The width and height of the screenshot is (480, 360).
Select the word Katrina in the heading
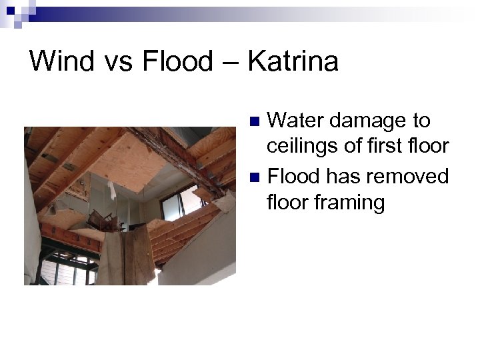[293, 61]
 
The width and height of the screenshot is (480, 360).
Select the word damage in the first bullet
[367, 122]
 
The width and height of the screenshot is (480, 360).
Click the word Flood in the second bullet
[293, 176]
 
